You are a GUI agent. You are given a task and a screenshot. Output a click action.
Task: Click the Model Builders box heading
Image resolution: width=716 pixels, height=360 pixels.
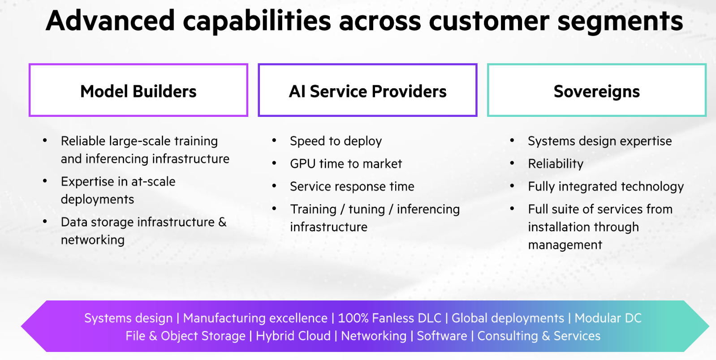pos(138,91)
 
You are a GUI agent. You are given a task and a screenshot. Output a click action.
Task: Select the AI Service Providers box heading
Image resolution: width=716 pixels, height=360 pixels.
pos(367,91)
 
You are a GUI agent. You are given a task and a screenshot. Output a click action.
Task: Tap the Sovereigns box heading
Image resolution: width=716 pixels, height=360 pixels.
pos(596,91)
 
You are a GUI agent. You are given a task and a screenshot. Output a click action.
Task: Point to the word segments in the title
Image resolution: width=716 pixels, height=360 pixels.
pos(620,21)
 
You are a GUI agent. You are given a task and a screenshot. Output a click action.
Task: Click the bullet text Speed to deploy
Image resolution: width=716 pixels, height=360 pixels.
pos(336,141)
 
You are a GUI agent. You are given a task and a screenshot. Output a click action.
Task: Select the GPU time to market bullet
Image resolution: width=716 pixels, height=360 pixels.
pos(346,164)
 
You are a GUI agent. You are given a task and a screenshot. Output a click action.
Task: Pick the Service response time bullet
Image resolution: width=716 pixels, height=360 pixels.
pos(352,186)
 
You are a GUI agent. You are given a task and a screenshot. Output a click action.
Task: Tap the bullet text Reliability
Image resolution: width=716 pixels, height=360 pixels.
pos(556,164)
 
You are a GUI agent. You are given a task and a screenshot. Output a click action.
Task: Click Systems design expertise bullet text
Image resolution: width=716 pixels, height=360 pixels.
pos(600,141)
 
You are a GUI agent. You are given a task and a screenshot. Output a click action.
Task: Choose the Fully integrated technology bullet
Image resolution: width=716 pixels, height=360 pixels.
pos(606,186)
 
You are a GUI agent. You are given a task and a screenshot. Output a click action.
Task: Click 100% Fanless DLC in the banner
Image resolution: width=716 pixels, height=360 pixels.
pos(389,318)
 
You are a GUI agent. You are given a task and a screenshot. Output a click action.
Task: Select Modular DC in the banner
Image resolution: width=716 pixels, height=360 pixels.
pos(608,318)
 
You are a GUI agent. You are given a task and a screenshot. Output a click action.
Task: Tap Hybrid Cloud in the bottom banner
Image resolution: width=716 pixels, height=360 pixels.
pos(293,336)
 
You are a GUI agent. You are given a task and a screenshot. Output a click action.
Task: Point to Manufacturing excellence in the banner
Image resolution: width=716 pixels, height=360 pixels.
pos(255,318)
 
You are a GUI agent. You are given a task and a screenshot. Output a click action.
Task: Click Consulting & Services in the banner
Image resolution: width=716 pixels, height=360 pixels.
pos(539,336)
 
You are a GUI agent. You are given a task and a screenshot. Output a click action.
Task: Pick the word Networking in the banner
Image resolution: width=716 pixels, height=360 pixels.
pos(374,336)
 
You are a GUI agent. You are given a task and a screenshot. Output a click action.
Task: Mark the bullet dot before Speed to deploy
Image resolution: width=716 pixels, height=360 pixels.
pos(274,141)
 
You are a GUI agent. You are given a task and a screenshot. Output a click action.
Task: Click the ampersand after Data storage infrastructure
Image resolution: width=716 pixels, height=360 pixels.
pos(222,222)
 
